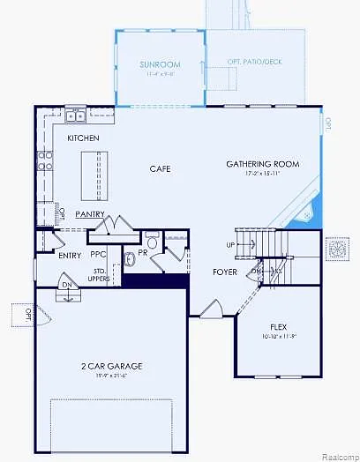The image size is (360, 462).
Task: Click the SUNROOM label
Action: click(x=159, y=64)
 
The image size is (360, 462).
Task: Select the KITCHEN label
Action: click(x=83, y=138)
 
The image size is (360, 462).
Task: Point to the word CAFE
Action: click(x=160, y=168)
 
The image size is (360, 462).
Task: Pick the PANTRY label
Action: click(x=90, y=214)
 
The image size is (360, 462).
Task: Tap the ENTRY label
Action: click(x=70, y=256)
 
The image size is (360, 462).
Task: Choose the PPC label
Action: click(x=98, y=255)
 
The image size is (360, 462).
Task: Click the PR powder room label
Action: click(x=142, y=252)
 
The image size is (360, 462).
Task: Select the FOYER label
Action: click(x=224, y=272)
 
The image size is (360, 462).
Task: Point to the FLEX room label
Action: click(x=278, y=326)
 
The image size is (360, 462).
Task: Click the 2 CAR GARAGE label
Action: click(x=111, y=366)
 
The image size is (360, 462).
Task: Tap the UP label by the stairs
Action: click(x=231, y=245)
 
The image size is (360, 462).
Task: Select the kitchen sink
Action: click(x=74, y=116)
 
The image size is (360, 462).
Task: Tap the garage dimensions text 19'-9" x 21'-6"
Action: click(x=111, y=376)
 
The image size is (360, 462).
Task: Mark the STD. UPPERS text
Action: click(x=100, y=275)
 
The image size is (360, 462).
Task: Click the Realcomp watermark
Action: click(x=335, y=456)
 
